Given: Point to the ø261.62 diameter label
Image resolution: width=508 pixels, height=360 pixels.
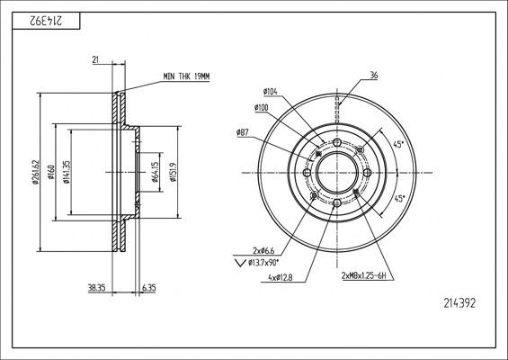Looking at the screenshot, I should click(x=36, y=174).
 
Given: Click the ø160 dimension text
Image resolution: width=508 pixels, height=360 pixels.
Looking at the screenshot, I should click(x=52, y=174).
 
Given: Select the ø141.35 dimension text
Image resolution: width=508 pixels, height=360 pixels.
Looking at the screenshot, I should click(x=68, y=174).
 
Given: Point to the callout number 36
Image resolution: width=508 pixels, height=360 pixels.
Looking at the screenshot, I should click(x=372, y=74).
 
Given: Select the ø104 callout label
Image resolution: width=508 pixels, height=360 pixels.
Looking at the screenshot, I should click(x=269, y=93).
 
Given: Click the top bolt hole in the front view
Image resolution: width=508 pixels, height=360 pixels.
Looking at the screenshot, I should click(x=335, y=144).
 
